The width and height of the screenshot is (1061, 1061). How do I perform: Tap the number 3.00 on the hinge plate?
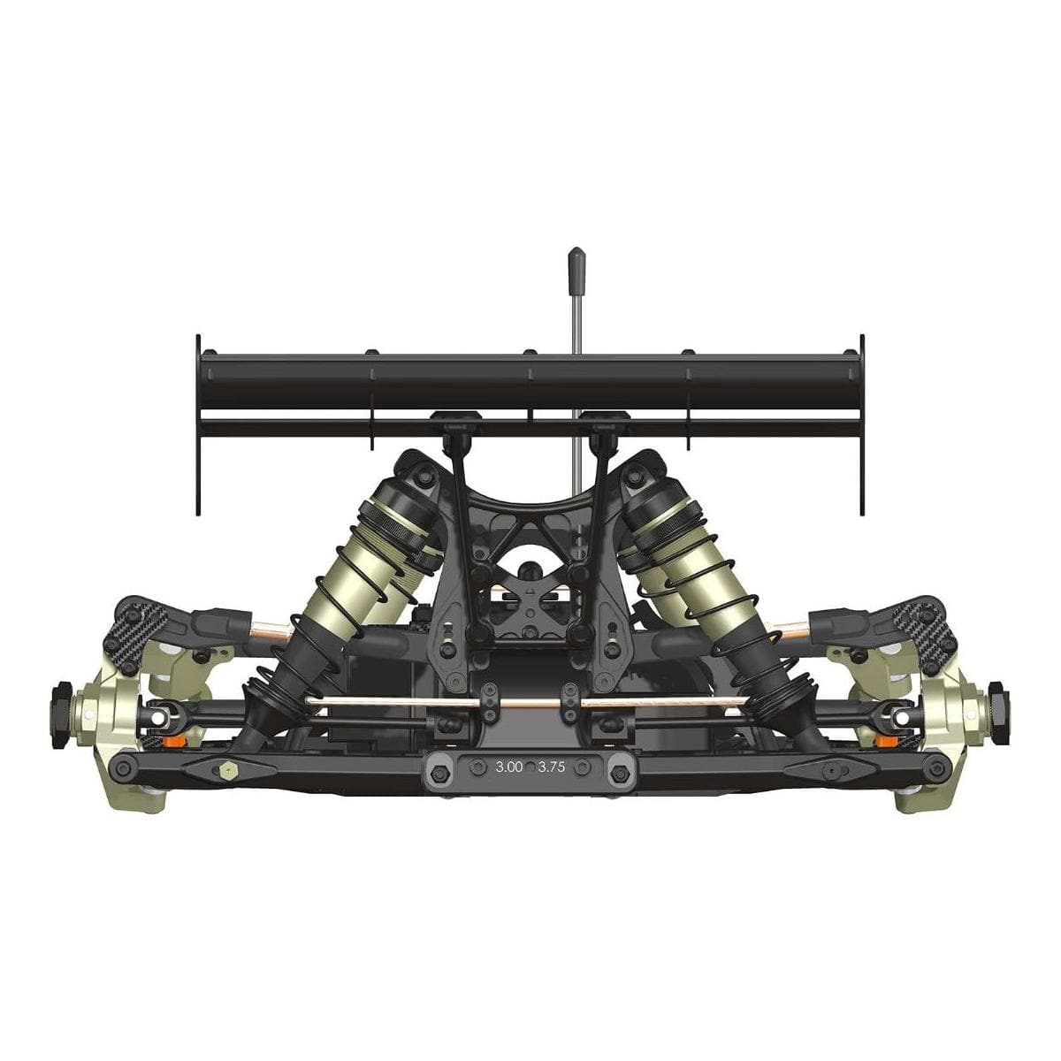[508, 767]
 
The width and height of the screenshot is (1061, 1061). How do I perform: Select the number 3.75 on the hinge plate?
[551, 767]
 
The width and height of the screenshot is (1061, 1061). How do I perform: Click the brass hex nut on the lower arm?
[225, 770]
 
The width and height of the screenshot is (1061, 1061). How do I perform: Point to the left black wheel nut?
[62, 715]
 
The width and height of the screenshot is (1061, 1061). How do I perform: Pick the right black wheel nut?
[997, 715]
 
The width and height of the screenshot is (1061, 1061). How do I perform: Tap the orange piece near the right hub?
[887, 740]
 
